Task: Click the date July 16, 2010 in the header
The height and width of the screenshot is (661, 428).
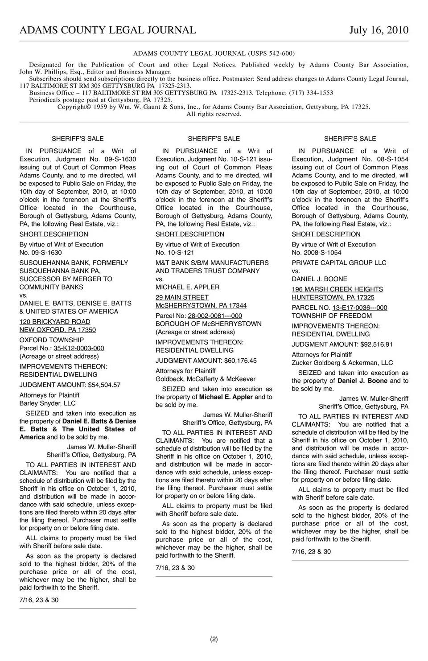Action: [379, 30]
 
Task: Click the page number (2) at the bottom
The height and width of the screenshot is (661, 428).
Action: [214, 639]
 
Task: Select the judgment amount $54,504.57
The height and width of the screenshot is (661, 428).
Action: [104, 385]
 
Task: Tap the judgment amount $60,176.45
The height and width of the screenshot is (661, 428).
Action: [241, 361]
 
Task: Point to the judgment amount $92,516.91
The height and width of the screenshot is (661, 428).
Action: [377, 344]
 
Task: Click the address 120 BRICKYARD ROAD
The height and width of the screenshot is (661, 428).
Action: [55, 322]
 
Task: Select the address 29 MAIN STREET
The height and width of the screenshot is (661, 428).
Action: [182, 297]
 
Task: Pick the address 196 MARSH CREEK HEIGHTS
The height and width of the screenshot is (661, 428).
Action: [337, 289]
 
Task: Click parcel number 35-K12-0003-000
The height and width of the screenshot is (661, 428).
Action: [79, 348]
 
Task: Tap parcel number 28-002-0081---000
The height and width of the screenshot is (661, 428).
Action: [215, 316]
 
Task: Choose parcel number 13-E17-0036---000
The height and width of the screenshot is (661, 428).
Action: [360, 308]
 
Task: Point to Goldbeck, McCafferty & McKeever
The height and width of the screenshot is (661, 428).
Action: [206, 379]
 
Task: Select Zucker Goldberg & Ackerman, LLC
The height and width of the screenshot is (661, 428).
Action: [342, 363]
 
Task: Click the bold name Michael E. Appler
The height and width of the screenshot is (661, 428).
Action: [226, 397]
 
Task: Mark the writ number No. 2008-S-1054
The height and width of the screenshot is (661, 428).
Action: [317, 253]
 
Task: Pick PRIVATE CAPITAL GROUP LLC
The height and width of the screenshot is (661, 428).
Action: [339, 263]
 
